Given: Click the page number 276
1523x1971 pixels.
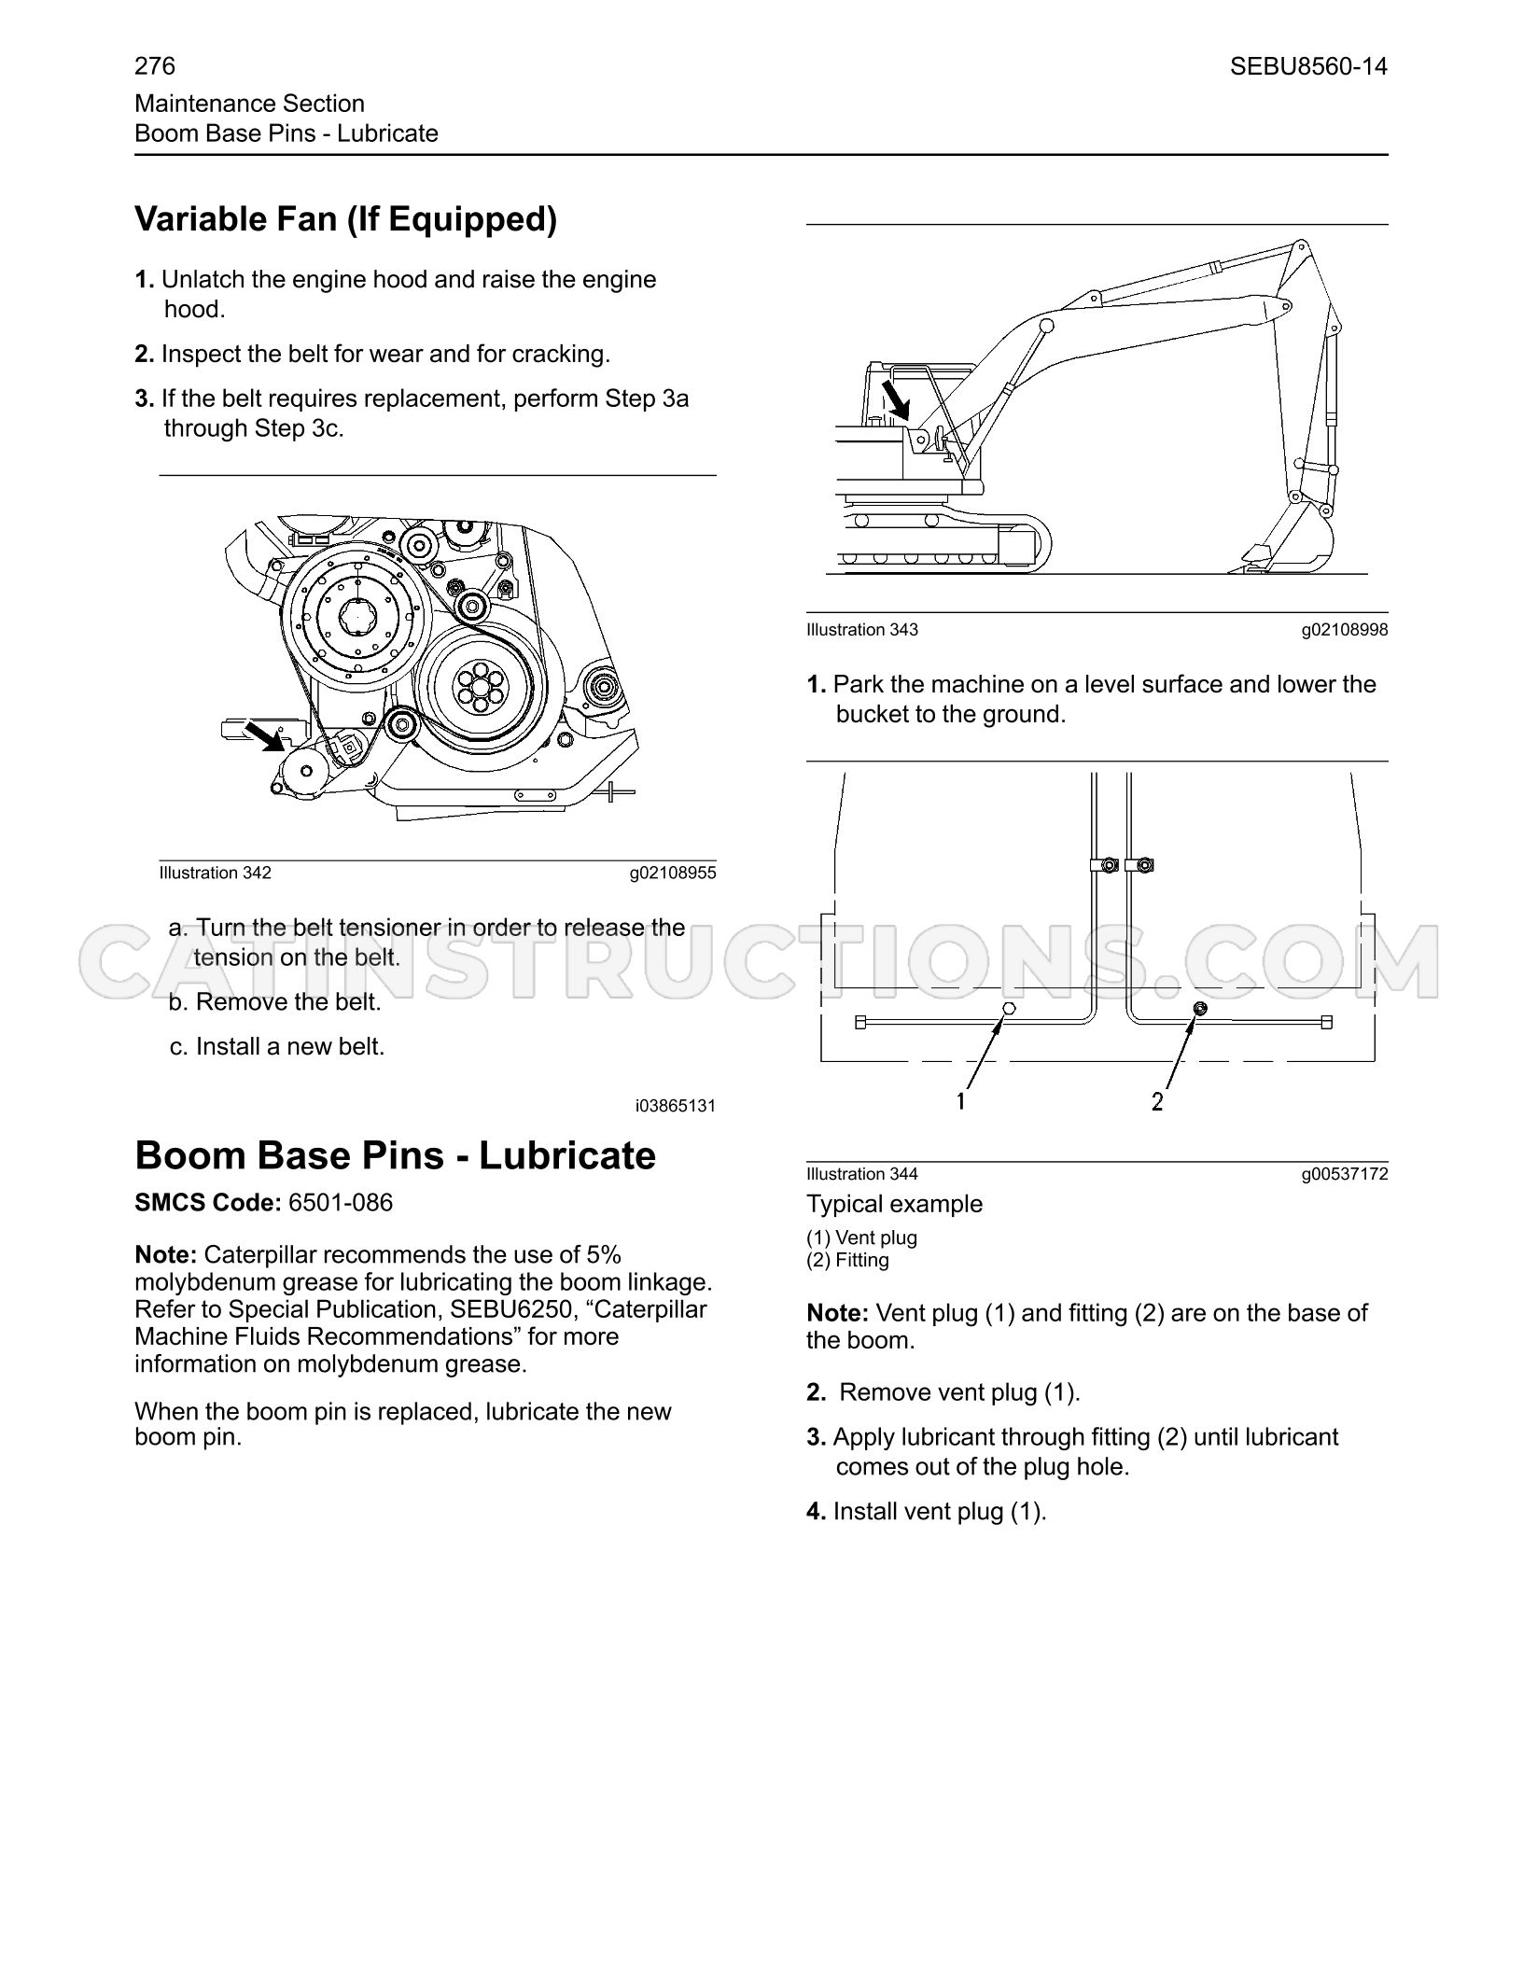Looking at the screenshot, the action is [155, 66].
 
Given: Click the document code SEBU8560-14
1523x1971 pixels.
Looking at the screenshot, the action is [1308, 66].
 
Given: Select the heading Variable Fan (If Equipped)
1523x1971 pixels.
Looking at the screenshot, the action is [346, 220].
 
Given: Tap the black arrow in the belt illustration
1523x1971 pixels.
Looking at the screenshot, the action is [265, 735].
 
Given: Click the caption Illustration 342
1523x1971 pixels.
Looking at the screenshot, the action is [216, 873].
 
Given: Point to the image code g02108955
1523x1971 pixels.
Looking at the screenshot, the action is [673, 873].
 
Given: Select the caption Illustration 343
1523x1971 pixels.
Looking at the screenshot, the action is [862, 630].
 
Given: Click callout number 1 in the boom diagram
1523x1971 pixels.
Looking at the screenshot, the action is [960, 1102].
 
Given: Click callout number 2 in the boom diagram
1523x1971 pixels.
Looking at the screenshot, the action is [1157, 1102].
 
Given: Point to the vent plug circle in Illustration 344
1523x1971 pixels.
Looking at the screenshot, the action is [1008, 1009].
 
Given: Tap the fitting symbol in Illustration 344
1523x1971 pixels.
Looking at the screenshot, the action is [1200, 1008].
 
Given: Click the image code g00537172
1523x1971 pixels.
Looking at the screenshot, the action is [1345, 1174].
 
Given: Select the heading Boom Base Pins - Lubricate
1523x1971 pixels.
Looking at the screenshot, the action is [396, 1155].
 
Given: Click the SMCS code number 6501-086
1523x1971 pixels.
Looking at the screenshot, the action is [341, 1202].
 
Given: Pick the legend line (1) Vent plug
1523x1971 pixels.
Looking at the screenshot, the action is [862, 1237].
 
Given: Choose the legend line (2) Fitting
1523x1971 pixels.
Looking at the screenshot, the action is [848, 1260].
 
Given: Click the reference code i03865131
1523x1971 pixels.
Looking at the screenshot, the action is [676, 1106].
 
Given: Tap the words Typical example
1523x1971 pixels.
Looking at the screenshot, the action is [895, 1204].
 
